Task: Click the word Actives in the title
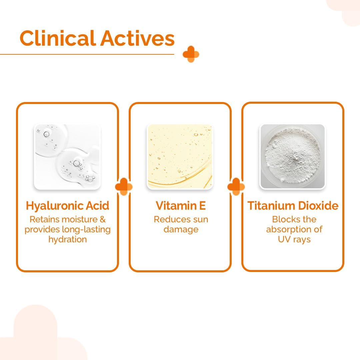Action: pyautogui.click(x=137, y=38)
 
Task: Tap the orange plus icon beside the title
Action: pyautogui.click(x=191, y=54)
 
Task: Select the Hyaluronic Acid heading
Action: pyautogui.click(x=67, y=206)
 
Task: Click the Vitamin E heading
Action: pyautogui.click(x=181, y=205)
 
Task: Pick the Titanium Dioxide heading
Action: pyautogui.click(x=293, y=205)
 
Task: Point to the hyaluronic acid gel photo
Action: pyautogui.click(x=67, y=157)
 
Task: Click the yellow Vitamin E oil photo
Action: pyautogui.click(x=180, y=157)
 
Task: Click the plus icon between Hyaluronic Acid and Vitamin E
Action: pyautogui.click(x=124, y=186)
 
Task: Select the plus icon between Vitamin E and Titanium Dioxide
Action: pyautogui.click(x=236, y=186)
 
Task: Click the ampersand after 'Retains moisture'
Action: pyautogui.click(x=103, y=219)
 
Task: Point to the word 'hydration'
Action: pyautogui.click(x=67, y=239)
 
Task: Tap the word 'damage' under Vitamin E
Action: pyautogui.click(x=181, y=229)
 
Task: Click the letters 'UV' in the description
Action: pyautogui.click(x=284, y=239)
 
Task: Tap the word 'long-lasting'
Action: pyautogui.click(x=86, y=229)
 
